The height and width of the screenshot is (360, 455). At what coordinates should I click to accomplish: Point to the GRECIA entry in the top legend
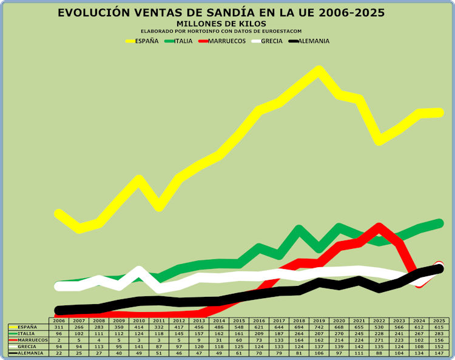coord(272,41)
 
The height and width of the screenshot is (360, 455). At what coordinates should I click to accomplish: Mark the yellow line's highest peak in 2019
coord(318,70)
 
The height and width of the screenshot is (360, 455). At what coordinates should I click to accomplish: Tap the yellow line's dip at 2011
coord(159,206)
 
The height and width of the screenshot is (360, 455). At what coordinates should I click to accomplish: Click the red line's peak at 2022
coord(379,227)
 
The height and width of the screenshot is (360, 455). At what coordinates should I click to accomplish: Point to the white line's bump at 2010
coord(139,271)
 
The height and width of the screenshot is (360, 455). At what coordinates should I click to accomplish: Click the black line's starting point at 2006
coord(59,310)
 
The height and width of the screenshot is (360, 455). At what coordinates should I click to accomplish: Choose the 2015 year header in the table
coord(240,320)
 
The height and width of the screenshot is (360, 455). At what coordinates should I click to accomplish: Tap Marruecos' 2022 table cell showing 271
coord(379,340)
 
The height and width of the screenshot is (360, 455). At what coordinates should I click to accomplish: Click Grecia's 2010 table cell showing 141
coord(139,347)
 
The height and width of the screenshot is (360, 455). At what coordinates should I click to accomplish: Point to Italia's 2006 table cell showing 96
coord(59,333)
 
